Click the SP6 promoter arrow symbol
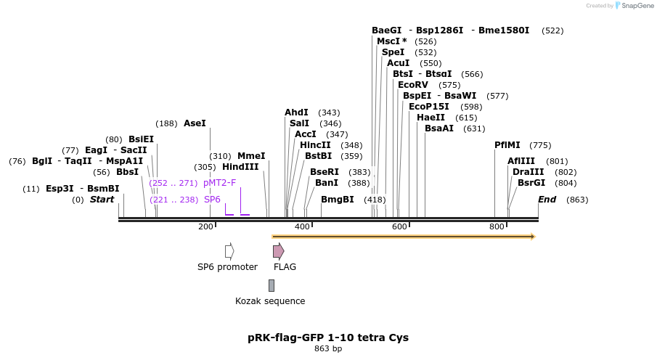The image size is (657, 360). [229, 251]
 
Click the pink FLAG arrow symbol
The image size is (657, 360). [278, 251]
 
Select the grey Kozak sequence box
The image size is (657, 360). [272, 285]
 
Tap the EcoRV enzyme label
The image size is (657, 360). [412, 85]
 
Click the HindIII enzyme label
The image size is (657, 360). [240, 167]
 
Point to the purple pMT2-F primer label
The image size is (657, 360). [219, 183]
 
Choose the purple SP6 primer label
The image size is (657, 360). [212, 200]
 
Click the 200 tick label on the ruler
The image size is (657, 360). [205, 227]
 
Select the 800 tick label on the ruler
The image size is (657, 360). [497, 227]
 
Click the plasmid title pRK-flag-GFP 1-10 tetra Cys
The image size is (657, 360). [328, 337]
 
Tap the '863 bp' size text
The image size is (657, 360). [328, 349]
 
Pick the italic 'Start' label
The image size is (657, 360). [102, 200]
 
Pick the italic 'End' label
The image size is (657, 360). [547, 200]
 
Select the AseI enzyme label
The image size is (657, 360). [195, 123]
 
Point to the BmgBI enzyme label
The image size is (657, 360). [338, 200]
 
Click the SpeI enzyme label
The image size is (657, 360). [393, 52]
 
